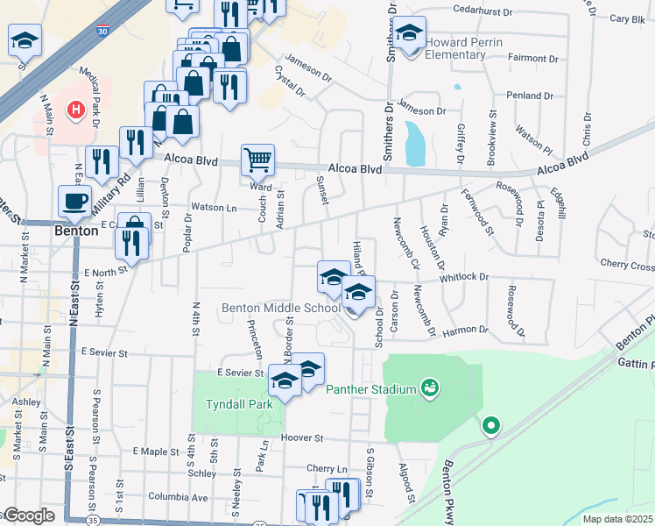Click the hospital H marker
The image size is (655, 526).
pos(77,111)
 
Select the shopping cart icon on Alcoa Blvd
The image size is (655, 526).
pos(257,160)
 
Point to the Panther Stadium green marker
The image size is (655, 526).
pos(429,387)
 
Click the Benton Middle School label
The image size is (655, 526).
pos(281,308)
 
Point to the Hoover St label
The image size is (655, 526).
pos(303,437)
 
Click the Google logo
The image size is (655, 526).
pos(30,515)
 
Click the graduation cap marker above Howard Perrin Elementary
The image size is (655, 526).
pos(409,33)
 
